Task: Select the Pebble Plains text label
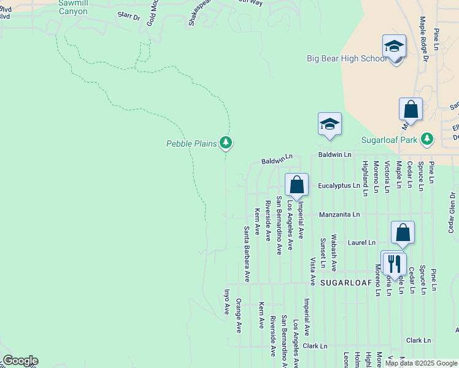(191, 144)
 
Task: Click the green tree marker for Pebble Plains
(226, 143)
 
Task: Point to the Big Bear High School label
(347, 59)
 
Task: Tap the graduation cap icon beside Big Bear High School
(394, 47)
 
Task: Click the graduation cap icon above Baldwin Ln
(330, 125)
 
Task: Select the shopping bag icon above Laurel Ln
(403, 233)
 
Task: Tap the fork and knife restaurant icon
(393, 263)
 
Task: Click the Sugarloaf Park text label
(388, 140)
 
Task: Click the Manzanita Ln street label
(339, 215)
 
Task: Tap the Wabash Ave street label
(334, 253)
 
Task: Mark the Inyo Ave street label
(226, 302)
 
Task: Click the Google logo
(20, 361)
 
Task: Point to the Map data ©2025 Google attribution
(420, 363)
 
